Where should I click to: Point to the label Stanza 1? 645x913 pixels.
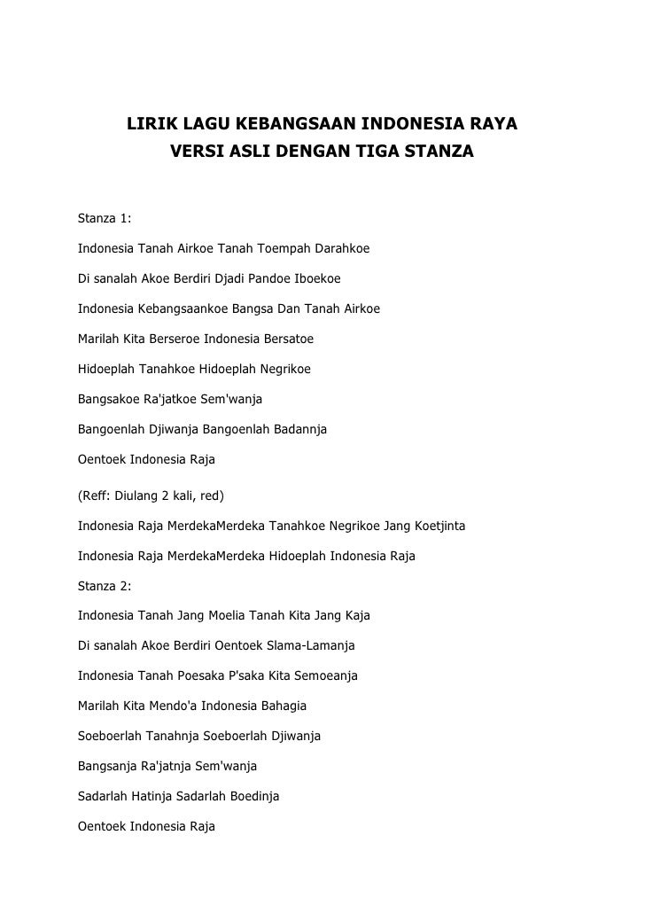(105, 218)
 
